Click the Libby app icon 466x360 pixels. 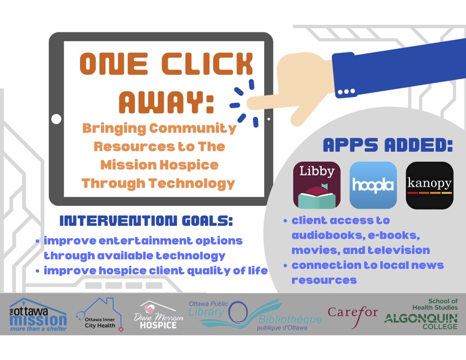[x=317, y=185]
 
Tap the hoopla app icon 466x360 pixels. [x=373, y=185]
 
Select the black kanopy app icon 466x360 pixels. [x=430, y=185]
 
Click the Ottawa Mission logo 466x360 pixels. [x=38, y=315]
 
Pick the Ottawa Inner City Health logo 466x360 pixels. [x=100, y=315]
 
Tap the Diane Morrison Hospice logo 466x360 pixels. [x=158, y=315]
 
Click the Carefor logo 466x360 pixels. [x=353, y=315]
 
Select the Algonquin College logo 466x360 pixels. [x=421, y=314]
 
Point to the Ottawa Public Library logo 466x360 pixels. [x=255, y=315]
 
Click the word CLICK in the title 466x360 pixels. [x=207, y=64]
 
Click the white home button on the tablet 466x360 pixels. [x=56, y=119]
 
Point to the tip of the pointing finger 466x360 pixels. [x=248, y=104]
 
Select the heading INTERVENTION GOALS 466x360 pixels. [x=147, y=221]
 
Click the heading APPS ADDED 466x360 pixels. [x=388, y=145]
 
